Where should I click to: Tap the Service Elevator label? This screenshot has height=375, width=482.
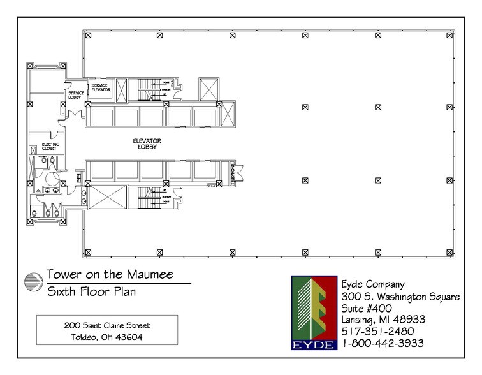pyautogui.click(x=102, y=88)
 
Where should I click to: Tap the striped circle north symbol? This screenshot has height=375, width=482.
pyautogui.click(x=32, y=282)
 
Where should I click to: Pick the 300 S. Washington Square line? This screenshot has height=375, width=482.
pyautogui.click(x=407, y=295)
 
